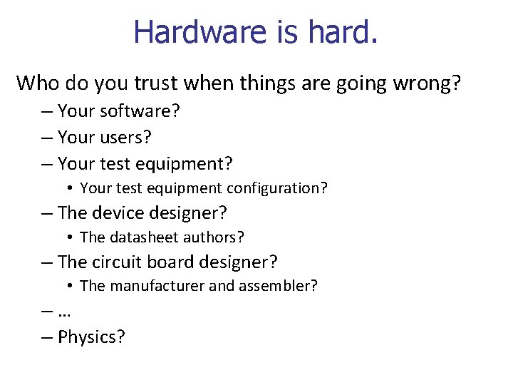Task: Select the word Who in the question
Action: (38, 83)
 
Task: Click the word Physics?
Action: (91, 337)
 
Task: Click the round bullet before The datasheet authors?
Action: (71, 237)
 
